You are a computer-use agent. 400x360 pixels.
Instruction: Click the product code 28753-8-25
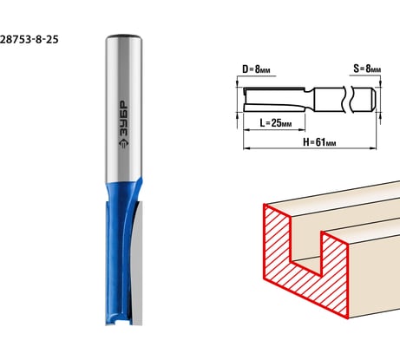[x=29, y=39]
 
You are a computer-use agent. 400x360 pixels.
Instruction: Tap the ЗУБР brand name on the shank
[x=124, y=119]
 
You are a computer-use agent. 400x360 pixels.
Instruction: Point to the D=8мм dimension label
[x=256, y=69]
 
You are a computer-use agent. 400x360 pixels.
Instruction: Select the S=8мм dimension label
[x=367, y=69]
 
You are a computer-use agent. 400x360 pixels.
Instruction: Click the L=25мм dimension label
[x=276, y=123]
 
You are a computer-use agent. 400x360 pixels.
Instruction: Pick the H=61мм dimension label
[x=319, y=142]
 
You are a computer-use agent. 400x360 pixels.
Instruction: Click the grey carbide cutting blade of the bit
[x=137, y=262]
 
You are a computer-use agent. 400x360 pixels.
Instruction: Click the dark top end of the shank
[x=123, y=36]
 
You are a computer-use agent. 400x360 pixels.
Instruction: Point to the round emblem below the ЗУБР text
[x=124, y=143]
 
